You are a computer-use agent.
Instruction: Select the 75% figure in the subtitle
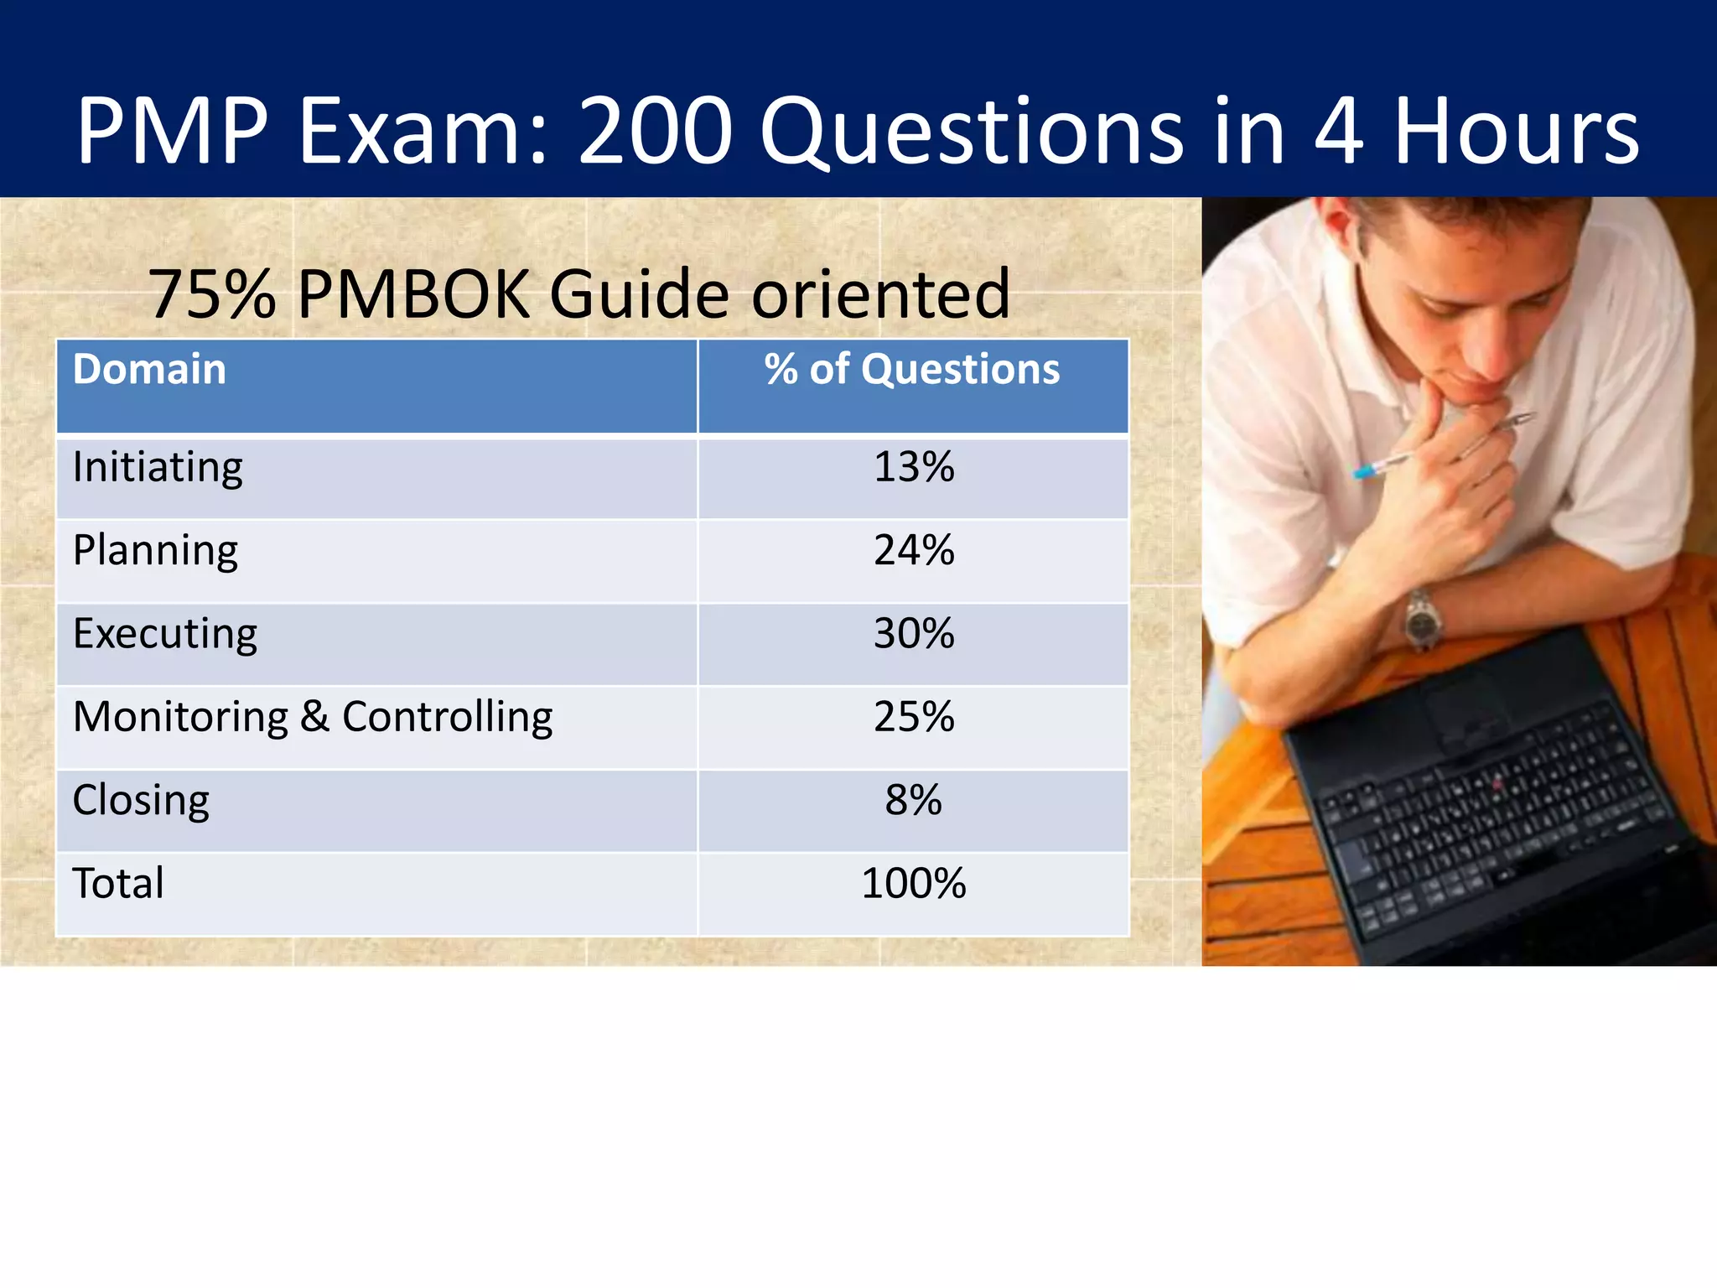[212, 294]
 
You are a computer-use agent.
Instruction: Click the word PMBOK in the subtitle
[413, 294]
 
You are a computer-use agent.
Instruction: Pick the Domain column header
[149, 370]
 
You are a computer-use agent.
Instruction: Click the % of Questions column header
[912, 370]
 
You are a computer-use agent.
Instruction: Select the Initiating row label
[158, 468]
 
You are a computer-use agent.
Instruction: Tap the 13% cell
[914, 467]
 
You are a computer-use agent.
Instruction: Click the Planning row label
[155, 552]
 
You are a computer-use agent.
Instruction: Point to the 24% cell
[914, 551]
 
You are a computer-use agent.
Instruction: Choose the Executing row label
[165, 634]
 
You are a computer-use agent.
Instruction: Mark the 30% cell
[914, 634]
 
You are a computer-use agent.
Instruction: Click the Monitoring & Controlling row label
[313, 718]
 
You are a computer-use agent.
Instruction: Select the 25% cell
[914, 717]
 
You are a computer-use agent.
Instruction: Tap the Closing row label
[141, 801]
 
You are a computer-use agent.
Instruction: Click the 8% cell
[914, 800]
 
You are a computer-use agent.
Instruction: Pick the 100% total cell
[914, 884]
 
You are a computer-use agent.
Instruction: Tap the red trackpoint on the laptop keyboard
[1497, 785]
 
